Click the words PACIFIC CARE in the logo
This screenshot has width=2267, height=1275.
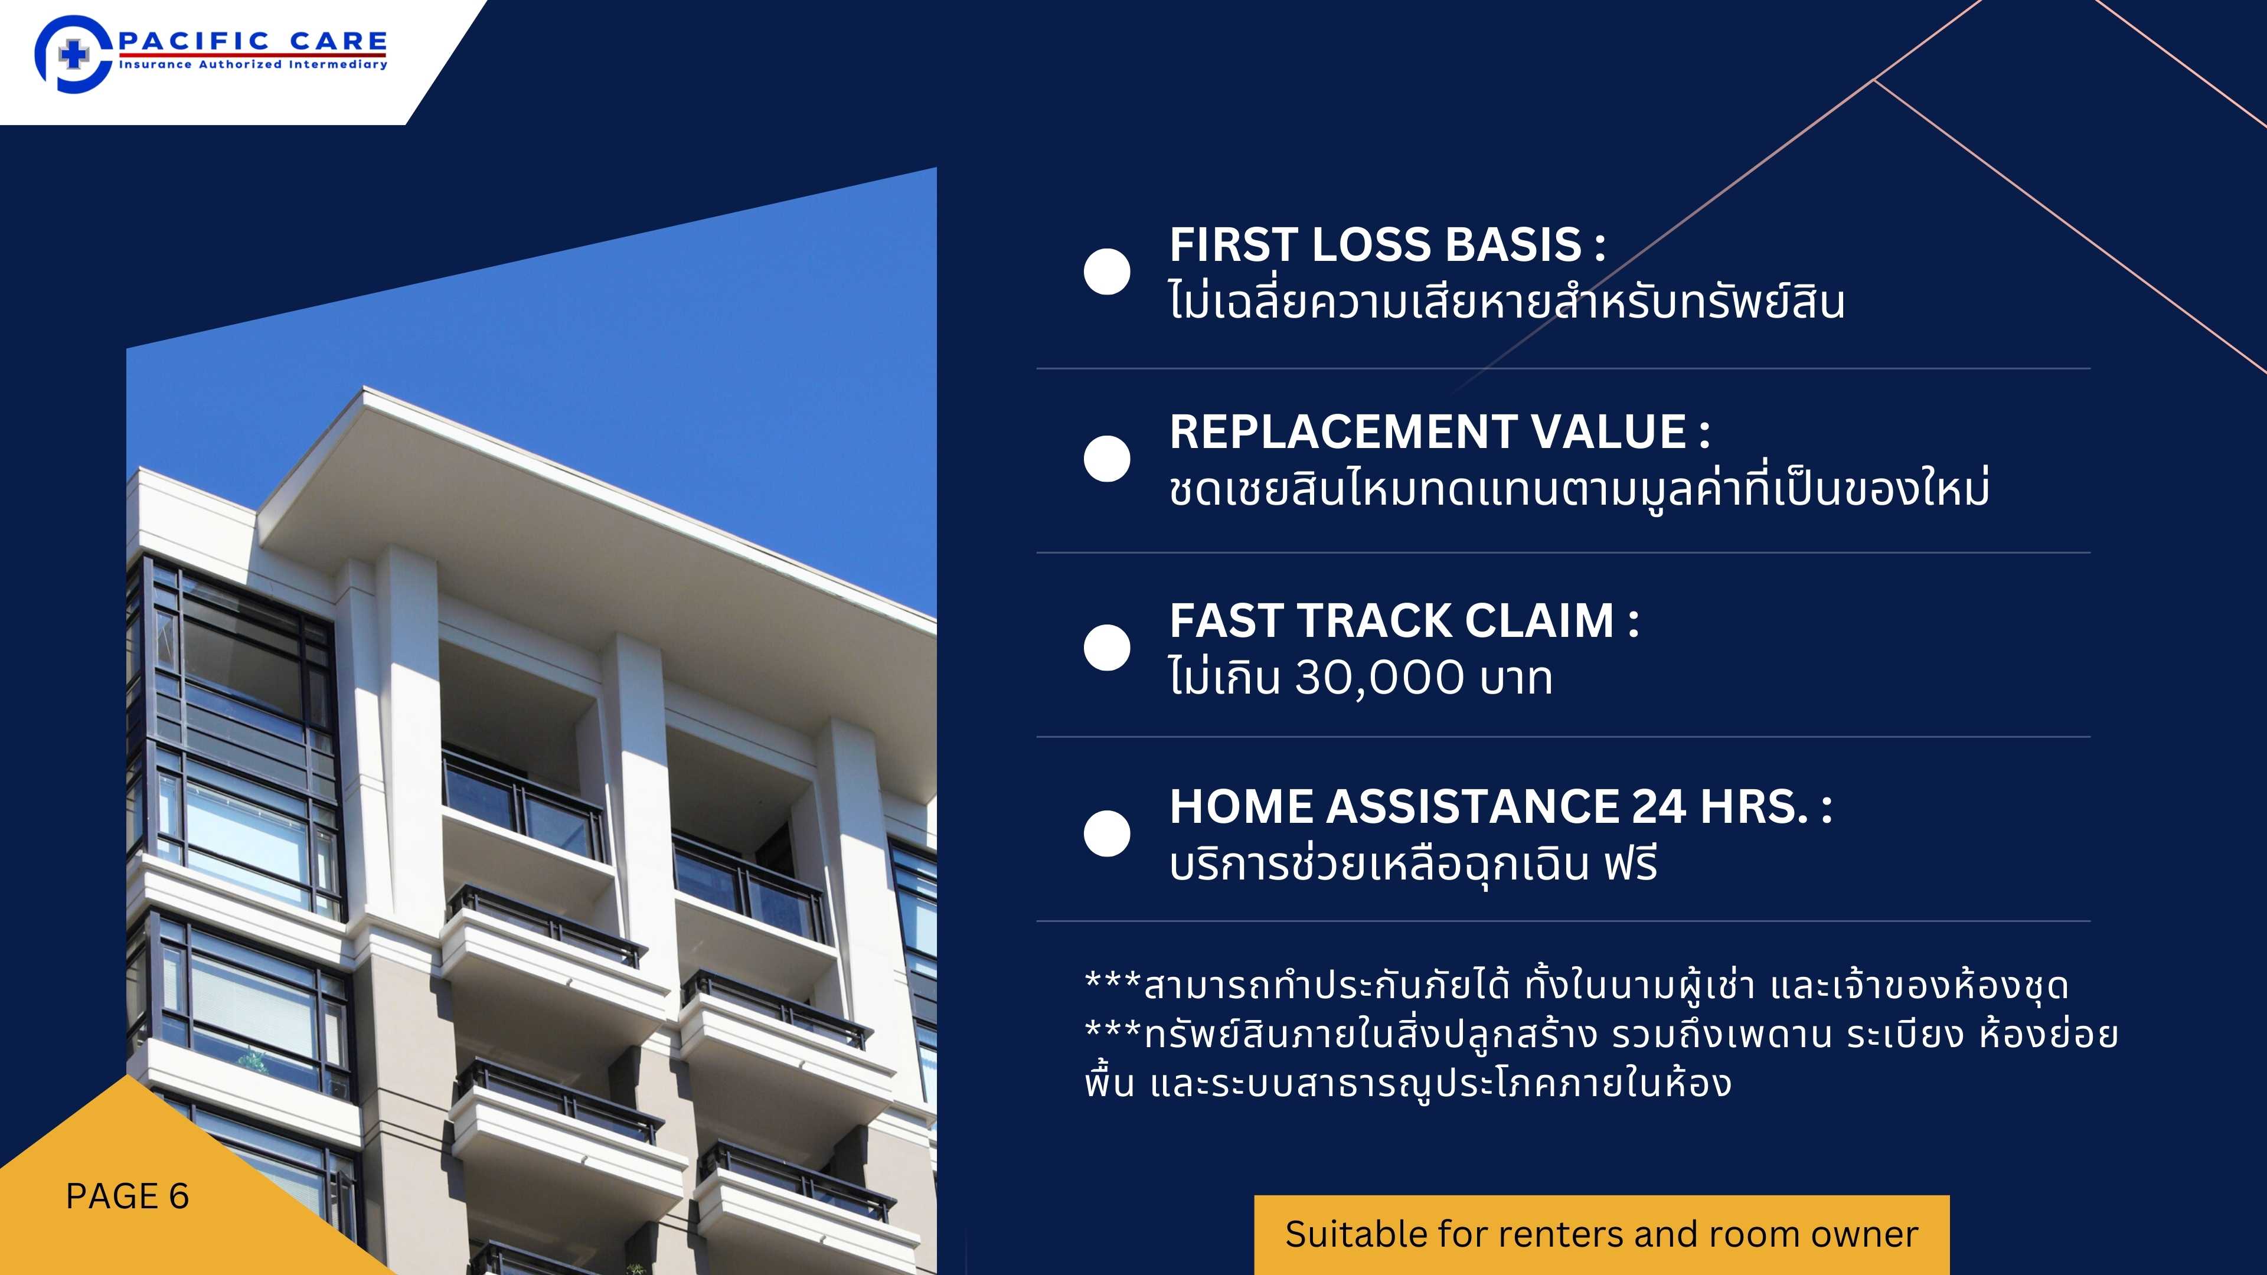click(x=253, y=41)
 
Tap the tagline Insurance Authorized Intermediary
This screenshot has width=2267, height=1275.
click(x=253, y=64)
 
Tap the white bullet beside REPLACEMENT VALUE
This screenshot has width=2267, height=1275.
click(x=1107, y=459)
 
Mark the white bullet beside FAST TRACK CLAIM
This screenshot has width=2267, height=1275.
click(x=1107, y=648)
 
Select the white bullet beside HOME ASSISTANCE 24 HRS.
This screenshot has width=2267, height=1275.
click(x=1107, y=833)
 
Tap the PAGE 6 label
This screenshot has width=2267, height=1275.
click(x=128, y=1196)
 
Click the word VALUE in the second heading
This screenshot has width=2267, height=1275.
click(x=1609, y=432)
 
